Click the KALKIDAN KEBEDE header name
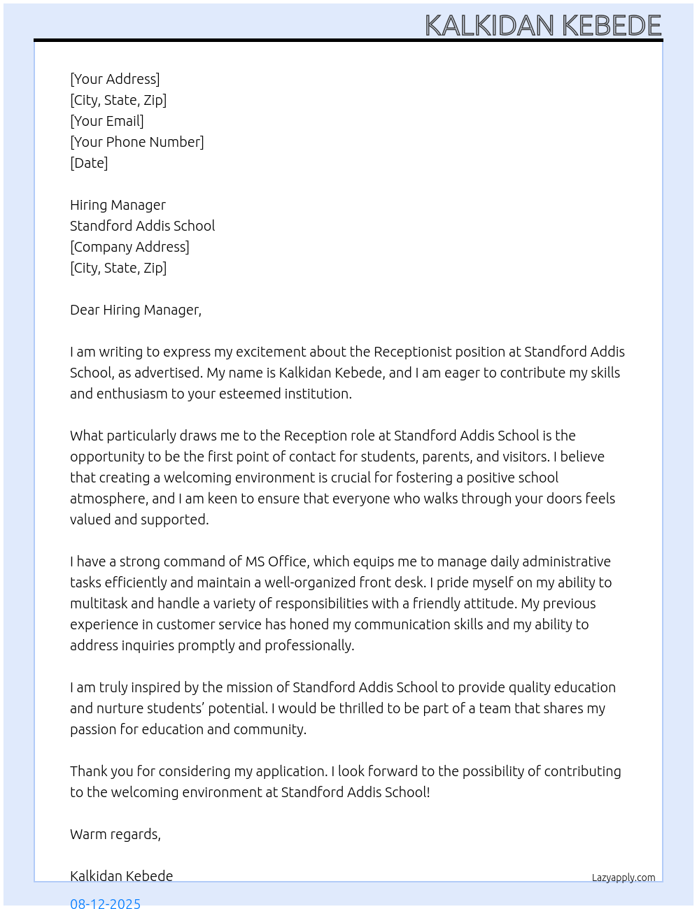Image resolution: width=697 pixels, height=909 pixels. coord(543,25)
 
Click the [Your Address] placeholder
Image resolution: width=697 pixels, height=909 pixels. coord(115,79)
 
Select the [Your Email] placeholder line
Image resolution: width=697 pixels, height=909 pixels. coord(107,121)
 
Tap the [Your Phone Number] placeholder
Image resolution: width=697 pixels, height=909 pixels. coord(137,142)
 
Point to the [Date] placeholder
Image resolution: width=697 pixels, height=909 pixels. coord(89,163)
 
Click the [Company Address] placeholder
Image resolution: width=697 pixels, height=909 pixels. coord(129,247)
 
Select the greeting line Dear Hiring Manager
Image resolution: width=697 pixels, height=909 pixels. coord(136,310)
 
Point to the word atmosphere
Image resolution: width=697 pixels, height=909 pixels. coord(108,499)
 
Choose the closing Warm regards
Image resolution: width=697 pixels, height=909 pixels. coord(115,834)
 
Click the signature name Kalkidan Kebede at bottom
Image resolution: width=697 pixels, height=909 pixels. coord(121,876)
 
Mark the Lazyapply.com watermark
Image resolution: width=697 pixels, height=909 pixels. coord(624,878)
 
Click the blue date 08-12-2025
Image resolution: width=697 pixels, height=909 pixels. coord(106,903)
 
